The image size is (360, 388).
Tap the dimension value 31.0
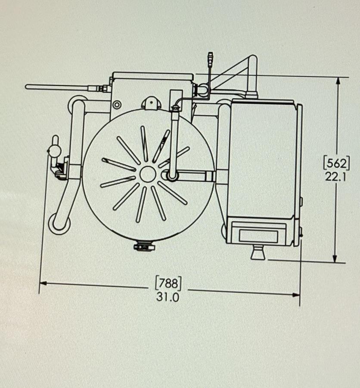(x=168, y=297)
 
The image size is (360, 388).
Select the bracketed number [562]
(x=336, y=163)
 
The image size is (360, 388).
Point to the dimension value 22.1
(x=336, y=176)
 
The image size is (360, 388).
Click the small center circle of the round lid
(x=148, y=174)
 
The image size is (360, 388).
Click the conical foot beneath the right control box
(x=258, y=253)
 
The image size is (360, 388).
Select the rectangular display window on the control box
(x=258, y=235)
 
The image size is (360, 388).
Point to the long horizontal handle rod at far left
(x=58, y=87)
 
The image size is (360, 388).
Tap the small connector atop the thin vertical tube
(x=210, y=57)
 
